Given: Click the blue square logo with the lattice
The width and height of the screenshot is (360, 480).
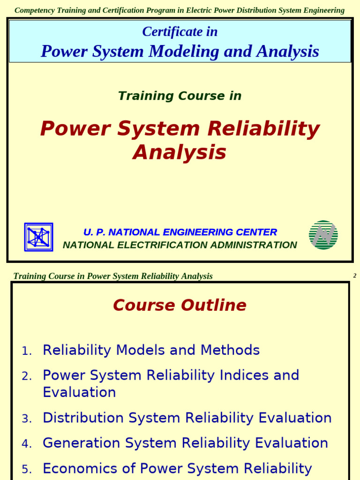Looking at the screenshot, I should point(38,237).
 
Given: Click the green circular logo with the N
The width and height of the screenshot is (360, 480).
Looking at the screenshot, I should point(323,235).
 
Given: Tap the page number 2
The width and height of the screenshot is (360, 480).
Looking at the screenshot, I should point(355,276).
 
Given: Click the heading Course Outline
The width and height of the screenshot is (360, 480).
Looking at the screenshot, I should point(180,306).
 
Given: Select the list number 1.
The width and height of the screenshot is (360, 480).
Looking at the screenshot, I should point(27,351).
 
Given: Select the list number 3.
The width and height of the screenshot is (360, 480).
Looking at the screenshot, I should point(27,419).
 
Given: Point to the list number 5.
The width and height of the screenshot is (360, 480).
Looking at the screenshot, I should point(27,469).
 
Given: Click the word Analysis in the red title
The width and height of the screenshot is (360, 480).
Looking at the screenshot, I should point(180,152).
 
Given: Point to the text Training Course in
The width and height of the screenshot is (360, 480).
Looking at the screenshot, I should point(180,96).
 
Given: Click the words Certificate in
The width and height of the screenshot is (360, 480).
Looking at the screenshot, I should point(180,32).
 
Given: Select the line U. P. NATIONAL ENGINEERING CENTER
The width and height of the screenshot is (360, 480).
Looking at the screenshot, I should point(180,232).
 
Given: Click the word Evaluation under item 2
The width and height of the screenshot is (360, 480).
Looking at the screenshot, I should point(79,392).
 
